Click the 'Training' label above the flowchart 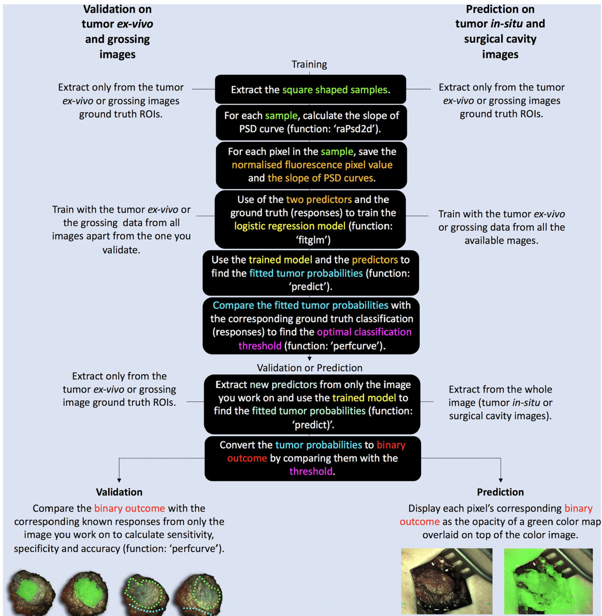coord(309,64)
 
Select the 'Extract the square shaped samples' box coord(310,89)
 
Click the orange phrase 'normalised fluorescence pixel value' coord(312,165)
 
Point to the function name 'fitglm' coord(313,240)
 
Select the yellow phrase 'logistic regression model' coord(289,226)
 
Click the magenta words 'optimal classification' coord(364,332)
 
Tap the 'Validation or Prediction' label coord(309,368)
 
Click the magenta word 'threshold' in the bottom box coord(311,471)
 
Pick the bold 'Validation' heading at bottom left coord(119,492)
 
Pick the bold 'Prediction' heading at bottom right coord(500,492)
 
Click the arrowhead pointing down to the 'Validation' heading coord(119,480)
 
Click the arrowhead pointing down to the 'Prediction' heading coord(501,480)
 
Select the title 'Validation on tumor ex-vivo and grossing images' coord(117,32)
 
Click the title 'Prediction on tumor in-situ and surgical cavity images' coord(500,32)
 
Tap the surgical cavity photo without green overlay coord(446,581)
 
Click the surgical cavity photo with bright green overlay coord(548,581)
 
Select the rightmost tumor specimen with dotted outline coord(199,594)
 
